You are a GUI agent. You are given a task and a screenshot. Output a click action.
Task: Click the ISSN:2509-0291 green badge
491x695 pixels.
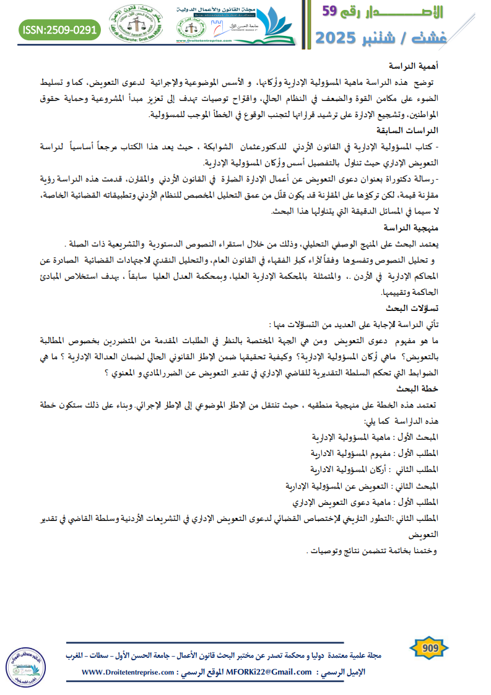pos(59,29)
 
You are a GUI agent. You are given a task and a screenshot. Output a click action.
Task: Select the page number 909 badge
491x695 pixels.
pos(430,649)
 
